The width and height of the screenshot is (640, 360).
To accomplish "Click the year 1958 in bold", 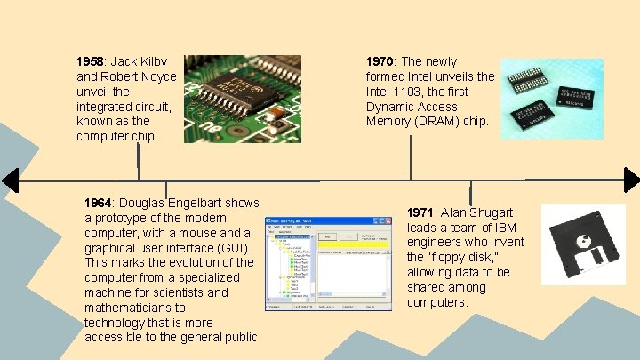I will pyautogui.click(x=90, y=61).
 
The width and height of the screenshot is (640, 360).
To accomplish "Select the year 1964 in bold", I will pyautogui.click(x=98, y=203).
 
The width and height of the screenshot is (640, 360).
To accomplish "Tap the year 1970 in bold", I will pyautogui.click(x=380, y=61).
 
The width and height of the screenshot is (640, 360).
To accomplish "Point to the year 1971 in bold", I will pyautogui.click(x=420, y=212).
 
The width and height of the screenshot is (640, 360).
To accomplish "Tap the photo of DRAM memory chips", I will pyautogui.click(x=551, y=99).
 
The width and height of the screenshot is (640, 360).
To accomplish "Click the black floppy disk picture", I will pyautogui.click(x=585, y=257).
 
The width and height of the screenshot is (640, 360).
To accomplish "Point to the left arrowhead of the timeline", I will pyautogui.click(x=10, y=180).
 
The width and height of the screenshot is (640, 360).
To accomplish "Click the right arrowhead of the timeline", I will pyautogui.click(x=631, y=180).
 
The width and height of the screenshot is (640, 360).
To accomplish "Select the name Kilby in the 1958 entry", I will pyautogui.click(x=161, y=61).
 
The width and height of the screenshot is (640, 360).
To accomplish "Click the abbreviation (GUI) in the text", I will pyautogui.click(x=228, y=247).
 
